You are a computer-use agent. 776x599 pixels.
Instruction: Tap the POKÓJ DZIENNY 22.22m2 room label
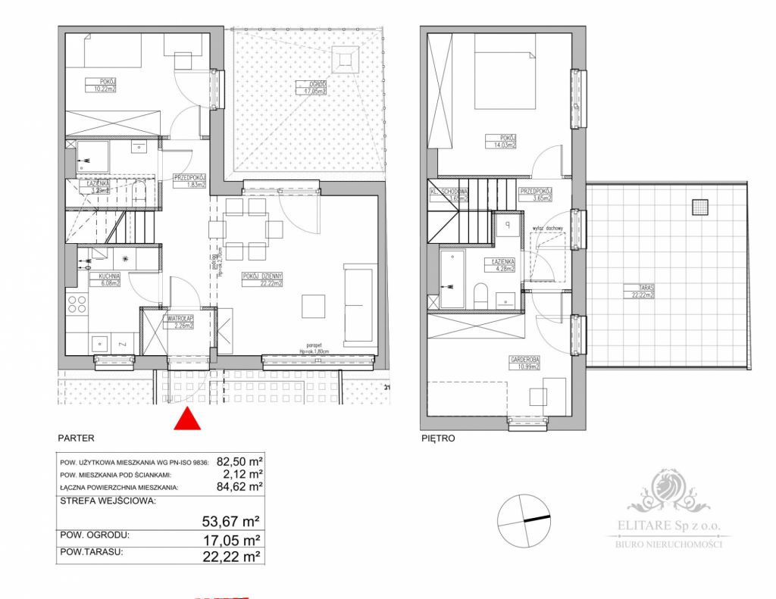point(262,280)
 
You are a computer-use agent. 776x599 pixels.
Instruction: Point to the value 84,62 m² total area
point(239,487)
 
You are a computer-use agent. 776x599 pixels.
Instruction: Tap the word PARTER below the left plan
point(76,438)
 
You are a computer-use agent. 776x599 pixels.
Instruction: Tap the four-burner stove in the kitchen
point(78,304)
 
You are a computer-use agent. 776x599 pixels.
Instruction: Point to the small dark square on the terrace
point(700,205)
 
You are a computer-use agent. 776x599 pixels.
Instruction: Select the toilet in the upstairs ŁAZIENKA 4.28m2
point(480,295)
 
